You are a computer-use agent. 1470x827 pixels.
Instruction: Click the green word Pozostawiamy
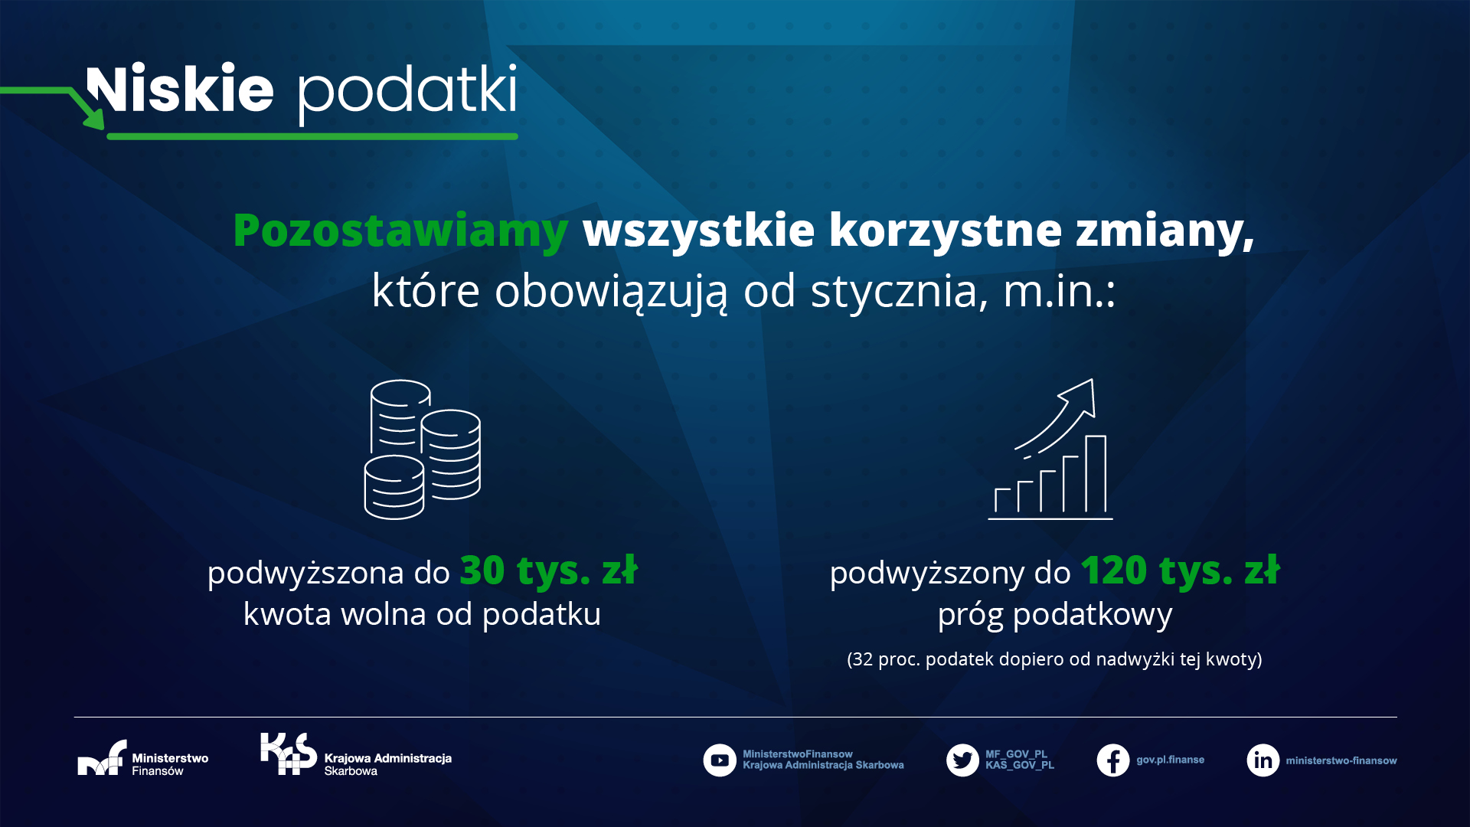[400, 231]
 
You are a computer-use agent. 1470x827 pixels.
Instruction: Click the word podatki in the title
[407, 93]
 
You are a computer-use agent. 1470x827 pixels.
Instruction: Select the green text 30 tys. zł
[548, 570]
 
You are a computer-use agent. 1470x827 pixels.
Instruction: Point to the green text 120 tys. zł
[1180, 570]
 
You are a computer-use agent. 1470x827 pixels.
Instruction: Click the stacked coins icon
[422, 449]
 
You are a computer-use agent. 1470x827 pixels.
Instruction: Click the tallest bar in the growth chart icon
[1096, 474]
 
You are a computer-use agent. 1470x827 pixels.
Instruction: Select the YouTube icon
[720, 760]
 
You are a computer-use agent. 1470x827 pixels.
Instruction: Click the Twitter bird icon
[962, 760]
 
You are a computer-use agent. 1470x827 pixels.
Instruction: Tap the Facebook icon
[1113, 760]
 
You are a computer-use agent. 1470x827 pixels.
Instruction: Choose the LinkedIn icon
[1263, 760]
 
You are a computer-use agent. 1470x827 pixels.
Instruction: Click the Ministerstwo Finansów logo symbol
[102, 757]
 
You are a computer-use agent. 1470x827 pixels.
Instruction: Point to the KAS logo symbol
[289, 754]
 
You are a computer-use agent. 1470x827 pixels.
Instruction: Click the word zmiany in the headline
[1165, 231]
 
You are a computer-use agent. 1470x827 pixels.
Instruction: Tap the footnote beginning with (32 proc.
[1054, 659]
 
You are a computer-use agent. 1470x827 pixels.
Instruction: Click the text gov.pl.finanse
[1170, 760]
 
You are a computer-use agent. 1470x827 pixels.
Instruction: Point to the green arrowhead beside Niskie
[93, 117]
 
